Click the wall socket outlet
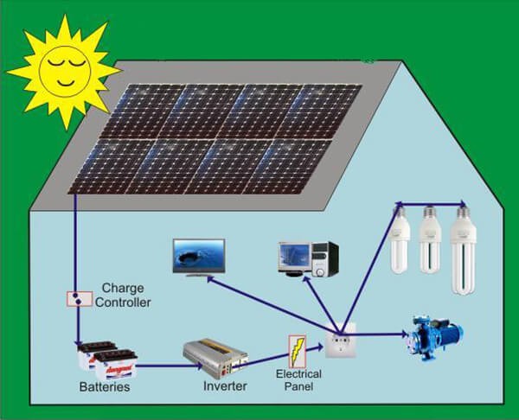pos(337,346)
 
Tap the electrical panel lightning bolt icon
pos(297,349)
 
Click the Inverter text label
pos(226,386)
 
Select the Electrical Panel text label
pos(299,379)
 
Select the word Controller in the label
pos(123,302)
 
